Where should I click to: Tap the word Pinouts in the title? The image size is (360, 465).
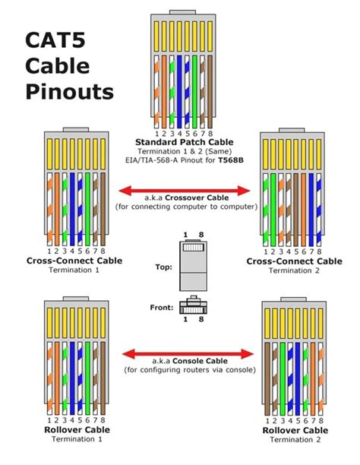pos(69,93)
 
